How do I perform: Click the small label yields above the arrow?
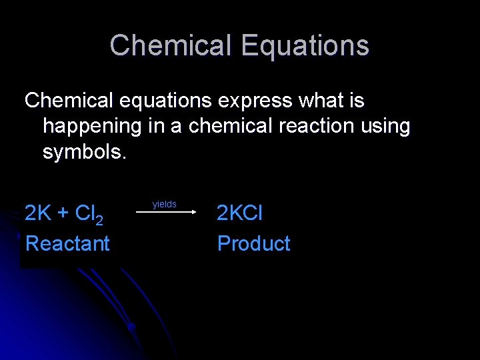pos(165,204)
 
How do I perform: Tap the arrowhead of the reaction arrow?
pos(192,213)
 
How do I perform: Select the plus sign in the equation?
pos(64,214)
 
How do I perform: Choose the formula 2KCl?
pos(240,213)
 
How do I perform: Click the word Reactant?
pos(67,243)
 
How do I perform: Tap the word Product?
pos(254,243)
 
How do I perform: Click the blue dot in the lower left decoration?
pos(132,327)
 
